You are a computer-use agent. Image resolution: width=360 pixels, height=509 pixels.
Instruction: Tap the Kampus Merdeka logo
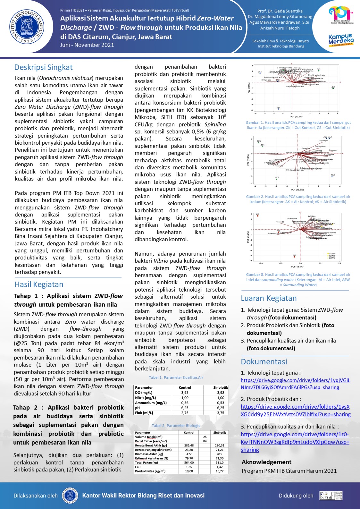341,40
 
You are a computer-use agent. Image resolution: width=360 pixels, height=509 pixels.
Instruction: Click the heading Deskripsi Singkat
43,67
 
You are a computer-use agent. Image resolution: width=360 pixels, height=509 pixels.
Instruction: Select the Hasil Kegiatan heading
39,284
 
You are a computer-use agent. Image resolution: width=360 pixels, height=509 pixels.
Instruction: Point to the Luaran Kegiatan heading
269,298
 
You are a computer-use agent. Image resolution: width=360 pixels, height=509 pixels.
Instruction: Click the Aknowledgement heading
266,462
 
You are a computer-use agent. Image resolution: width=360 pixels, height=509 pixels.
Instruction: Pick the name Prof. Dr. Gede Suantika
280,11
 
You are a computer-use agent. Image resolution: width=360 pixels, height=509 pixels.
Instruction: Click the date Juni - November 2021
87,45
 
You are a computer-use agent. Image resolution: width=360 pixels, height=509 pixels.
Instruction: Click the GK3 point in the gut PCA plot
333,88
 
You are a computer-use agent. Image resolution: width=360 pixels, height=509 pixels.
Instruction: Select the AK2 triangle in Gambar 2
277,179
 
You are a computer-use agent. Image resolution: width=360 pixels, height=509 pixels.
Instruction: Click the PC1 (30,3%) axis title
296,117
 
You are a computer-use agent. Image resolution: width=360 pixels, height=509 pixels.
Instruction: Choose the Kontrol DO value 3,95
185,393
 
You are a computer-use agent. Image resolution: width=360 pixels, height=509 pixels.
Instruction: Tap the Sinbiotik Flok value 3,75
221,413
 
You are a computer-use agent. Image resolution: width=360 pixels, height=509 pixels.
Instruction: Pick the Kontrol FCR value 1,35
189,467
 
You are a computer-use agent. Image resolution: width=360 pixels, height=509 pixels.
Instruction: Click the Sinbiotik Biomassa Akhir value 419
220,454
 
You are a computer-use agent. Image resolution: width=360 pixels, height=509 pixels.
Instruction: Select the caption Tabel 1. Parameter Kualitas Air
176,378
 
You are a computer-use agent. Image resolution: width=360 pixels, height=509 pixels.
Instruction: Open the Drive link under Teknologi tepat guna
295,384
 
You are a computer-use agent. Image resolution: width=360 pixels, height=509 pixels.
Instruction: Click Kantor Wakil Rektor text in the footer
143,496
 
